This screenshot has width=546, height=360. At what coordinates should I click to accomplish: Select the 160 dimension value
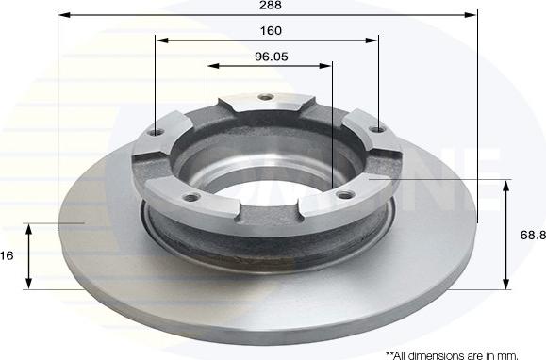pos(271,30)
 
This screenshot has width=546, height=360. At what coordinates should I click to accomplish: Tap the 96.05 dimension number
pos(271,56)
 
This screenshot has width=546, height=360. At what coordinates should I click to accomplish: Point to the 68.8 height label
pos(532,234)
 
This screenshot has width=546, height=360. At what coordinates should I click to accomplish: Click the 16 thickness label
pos(8,254)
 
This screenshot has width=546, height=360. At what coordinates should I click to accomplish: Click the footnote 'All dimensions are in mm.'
pos(452,354)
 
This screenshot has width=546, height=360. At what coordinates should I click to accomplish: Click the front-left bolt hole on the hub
pos(192,197)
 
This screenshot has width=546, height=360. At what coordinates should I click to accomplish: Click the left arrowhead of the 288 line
pos(62,15)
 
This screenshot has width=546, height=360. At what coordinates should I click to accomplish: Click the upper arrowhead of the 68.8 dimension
pos(507,185)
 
